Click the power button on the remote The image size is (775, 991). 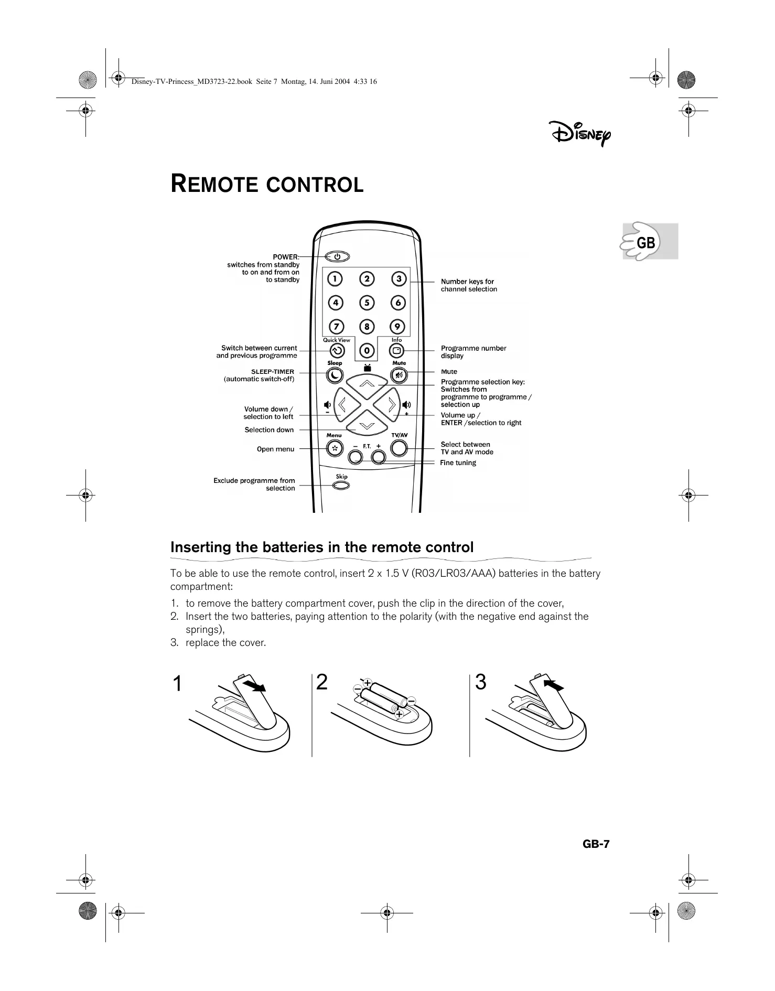tap(338, 257)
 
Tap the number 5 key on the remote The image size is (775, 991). tap(367, 303)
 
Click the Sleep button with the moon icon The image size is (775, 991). tap(335, 375)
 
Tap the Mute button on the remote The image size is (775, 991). tap(399, 375)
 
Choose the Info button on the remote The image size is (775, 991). tap(397, 351)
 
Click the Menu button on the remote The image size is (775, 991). tap(334, 448)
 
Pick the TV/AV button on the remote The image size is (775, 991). tap(399, 448)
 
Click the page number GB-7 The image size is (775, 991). tap(596, 844)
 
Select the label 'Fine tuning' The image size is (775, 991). tap(458, 462)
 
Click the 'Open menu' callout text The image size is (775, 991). tap(275, 449)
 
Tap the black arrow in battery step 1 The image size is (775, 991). tap(255, 686)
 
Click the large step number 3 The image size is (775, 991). tap(480, 682)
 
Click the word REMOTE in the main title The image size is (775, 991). tap(215, 185)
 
